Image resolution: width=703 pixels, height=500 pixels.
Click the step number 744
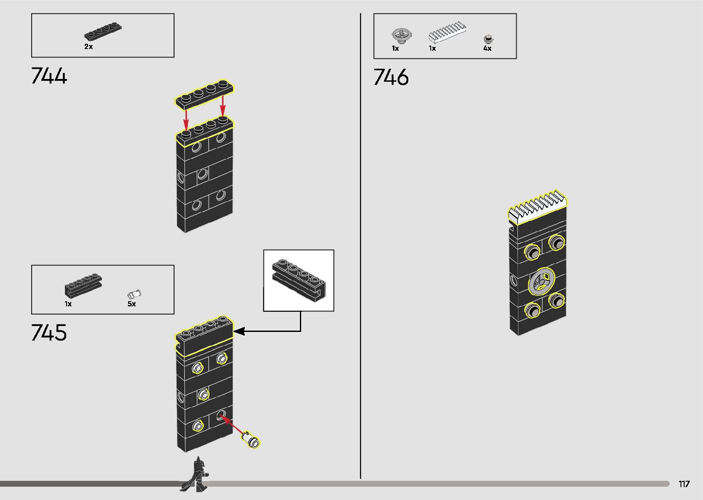(49, 76)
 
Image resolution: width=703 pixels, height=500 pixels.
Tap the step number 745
(49, 332)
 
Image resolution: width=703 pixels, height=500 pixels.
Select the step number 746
(391, 77)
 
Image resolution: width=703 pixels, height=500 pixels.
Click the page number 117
(684, 484)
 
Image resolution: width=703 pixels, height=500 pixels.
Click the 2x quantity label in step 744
(88, 47)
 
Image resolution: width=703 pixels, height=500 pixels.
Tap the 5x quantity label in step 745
(132, 304)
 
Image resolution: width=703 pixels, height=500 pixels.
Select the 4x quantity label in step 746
(487, 48)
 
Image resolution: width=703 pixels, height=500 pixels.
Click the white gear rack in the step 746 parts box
(447, 33)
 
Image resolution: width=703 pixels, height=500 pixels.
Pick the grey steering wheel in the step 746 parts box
(401, 34)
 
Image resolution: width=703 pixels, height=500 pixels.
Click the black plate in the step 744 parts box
(102, 33)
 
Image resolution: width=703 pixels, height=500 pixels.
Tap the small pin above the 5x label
(134, 294)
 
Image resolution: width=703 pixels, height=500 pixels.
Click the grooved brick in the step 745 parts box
(83, 285)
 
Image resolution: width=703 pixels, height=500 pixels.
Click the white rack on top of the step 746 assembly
(538, 207)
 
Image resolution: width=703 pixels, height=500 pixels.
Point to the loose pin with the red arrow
(251, 439)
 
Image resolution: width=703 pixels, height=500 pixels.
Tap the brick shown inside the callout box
(298, 280)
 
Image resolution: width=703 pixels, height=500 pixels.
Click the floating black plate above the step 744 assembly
(204, 94)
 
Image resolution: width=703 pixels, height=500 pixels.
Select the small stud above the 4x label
(489, 39)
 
